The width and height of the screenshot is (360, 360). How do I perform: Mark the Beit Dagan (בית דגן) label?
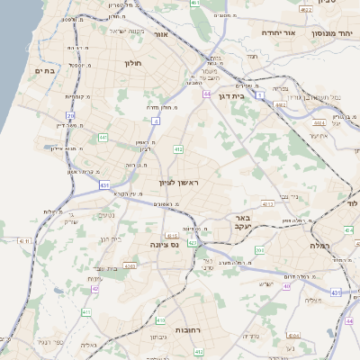231,94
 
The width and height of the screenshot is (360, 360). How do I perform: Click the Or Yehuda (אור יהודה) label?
279,31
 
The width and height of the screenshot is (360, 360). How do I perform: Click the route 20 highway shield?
70,115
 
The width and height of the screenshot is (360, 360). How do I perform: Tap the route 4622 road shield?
306,9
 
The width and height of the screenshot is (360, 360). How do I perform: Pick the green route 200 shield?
259,250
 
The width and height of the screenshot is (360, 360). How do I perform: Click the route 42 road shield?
95,289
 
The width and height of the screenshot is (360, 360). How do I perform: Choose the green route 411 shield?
87,312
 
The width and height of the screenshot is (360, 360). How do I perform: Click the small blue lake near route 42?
58,290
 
